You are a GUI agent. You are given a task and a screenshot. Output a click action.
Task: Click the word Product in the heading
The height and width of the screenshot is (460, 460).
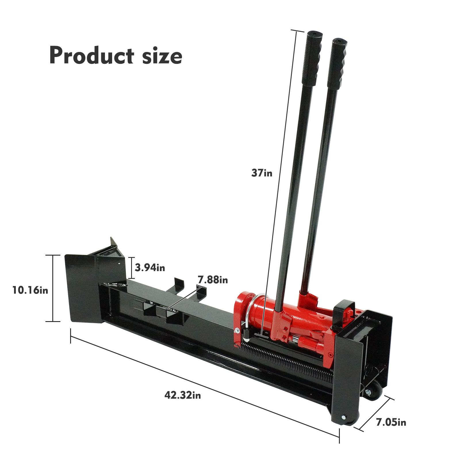click(91, 55)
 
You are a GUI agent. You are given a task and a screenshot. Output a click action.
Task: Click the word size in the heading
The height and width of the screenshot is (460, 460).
click(162, 56)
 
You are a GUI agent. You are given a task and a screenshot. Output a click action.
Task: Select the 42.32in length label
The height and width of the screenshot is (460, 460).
click(183, 395)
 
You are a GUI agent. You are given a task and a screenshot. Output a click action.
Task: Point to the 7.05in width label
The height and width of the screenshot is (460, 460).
click(391, 422)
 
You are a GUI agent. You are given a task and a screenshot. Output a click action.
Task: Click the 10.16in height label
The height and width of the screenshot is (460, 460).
click(30, 290)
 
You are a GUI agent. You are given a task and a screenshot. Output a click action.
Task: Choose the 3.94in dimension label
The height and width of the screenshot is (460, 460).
click(150, 268)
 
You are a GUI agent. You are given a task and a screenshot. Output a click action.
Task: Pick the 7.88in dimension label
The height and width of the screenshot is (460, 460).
click(213, 280)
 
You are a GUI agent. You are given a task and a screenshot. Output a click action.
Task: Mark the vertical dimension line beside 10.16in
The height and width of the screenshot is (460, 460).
click(53, 288)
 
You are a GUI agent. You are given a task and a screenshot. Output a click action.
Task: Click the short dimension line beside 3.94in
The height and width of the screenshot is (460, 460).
click(131, 268)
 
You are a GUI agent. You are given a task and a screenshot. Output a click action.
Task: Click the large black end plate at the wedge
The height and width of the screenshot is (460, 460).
click(82, 287)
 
